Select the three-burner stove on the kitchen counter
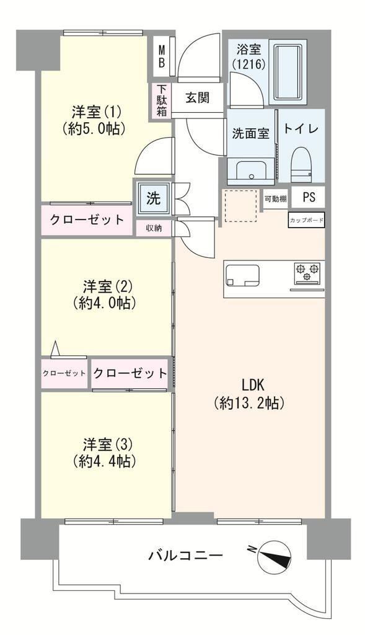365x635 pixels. [x=307, y=272]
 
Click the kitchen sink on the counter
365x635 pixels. [x=242, y=275]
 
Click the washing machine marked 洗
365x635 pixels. [x=153, y=198]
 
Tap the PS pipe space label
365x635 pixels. [x=309, y=198]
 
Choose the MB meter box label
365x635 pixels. [x=162, y=56]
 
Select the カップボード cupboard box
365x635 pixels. [x=306, y=220]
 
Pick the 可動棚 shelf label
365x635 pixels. [x=276, y=199]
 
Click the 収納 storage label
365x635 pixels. [x=154, y=228]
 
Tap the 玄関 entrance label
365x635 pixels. [x=197, y=97]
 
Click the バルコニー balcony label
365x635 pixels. [x=185, y=554]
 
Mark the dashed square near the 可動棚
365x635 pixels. [x=241, y=206]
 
